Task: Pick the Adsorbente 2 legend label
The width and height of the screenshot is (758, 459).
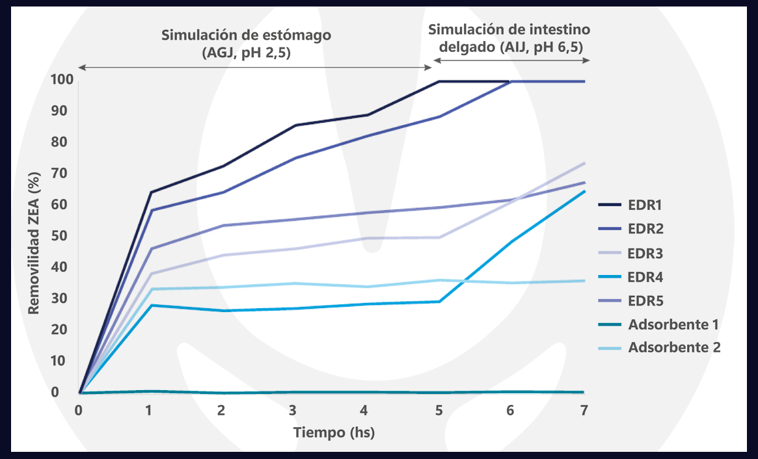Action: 674,347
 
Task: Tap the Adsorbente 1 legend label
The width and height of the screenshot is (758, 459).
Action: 673,324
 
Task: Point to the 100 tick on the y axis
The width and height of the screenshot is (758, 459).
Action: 61,80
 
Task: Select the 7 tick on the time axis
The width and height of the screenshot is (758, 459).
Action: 584,411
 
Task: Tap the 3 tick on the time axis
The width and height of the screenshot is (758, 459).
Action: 293,411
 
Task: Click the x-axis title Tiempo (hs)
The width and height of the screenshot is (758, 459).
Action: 334,432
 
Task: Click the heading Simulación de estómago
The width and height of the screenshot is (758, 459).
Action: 247,35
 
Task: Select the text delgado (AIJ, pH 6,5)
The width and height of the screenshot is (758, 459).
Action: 509,47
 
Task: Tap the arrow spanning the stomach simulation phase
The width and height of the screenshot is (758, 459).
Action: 254,67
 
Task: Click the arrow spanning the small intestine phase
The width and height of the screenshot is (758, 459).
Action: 511,60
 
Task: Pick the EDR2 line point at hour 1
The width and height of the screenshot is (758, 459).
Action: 151,210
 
